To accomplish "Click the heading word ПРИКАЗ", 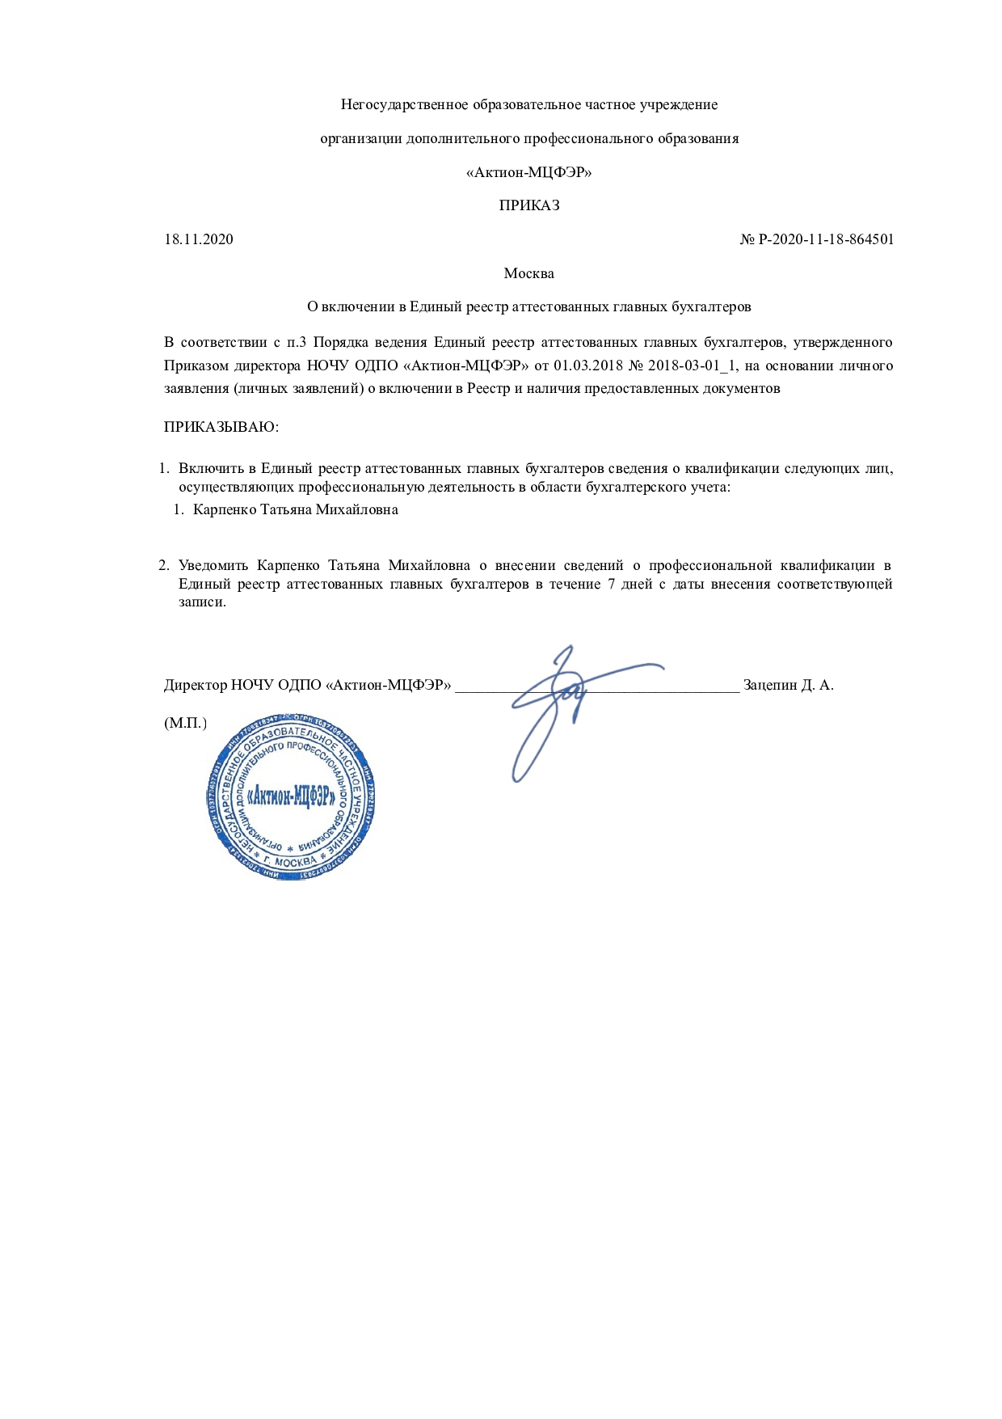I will pos(528,205).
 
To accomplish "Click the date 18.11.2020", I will pos(199,239).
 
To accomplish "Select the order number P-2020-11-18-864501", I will pos(826,239).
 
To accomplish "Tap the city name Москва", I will pos(528,273).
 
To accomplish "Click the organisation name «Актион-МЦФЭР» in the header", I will pos(528,172).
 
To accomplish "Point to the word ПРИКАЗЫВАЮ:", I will pos(221,427).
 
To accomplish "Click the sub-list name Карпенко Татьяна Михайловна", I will pos(296,510).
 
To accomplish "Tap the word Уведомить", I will pos(213,565).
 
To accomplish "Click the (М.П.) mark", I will pos(185,723).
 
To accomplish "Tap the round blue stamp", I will pos(291,797).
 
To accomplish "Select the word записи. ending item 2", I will pos(202,602).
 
